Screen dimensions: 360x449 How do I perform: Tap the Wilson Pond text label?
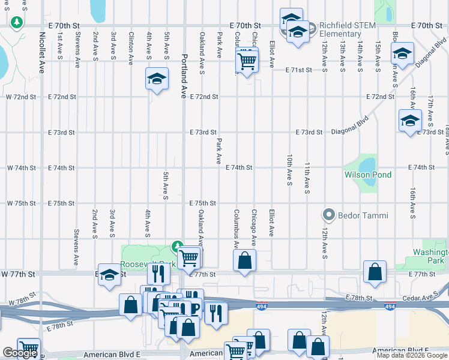point(367,175)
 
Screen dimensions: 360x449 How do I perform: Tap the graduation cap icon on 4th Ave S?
point(157,79)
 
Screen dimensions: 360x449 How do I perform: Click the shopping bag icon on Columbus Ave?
point(244,260)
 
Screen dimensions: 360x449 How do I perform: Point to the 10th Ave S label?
point(289,170)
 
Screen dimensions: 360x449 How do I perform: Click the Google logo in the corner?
point(19,353)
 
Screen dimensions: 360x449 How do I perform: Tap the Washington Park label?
point(430,257)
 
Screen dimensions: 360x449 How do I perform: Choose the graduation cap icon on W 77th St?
point(109,275)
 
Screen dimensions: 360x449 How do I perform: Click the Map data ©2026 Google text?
point(412,355)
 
